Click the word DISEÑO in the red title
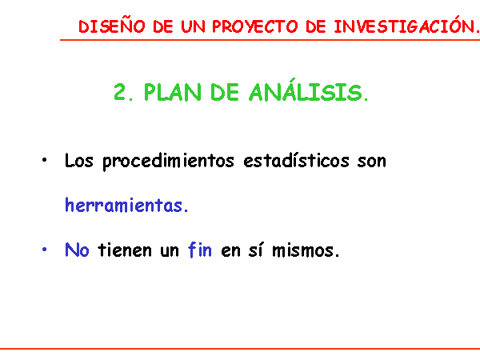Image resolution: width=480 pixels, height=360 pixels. [112, 26]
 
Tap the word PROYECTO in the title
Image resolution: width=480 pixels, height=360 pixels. [255, 26]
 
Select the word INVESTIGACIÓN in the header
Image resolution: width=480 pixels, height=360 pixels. [406, 25]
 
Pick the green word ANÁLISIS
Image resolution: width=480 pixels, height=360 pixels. [308, 90]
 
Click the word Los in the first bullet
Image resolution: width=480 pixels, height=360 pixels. [78, 161]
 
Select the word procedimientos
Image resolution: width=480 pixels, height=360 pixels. [168, 161]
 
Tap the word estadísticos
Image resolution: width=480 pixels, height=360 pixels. [296, 160]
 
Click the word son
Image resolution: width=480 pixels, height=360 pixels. [372, 161]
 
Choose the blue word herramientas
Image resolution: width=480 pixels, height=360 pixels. [126, 205]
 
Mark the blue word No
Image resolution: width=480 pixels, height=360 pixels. [77, 250]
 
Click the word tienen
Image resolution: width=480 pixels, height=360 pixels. [125, 250]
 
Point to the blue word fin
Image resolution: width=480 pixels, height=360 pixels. [199, 250]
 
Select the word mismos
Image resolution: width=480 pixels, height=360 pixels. [306, 250]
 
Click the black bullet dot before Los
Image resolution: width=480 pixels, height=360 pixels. [44, 160]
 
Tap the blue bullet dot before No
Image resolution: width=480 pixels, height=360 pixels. [44, 249]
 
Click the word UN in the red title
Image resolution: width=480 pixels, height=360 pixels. [193, 26]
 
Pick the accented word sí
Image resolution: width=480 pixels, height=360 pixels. [256, 250]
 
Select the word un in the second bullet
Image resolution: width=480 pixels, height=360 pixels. [170, 251]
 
